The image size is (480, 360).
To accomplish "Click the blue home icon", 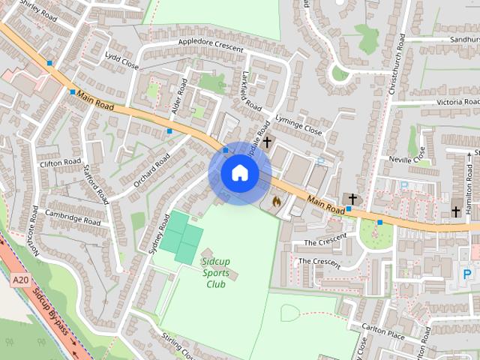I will pos(239,173).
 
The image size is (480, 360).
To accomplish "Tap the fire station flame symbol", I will pos(276,202).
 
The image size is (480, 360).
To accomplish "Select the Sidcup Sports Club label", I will pos(217,273).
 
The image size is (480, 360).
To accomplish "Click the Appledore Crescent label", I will pos(211,46).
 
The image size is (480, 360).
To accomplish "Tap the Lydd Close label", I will pos(122,61).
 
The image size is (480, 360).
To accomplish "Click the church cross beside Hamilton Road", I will pos(456,212).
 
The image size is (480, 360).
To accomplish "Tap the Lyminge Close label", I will pos(298,130).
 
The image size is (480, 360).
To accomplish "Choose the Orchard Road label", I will pos(151,175).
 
